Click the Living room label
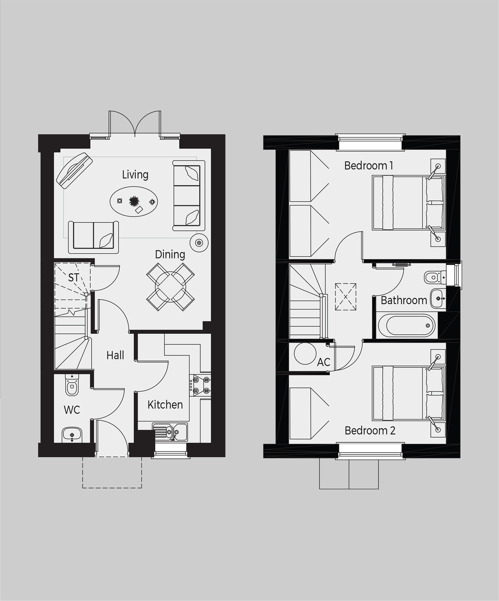click(135, 174)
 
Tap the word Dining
click(170, 254)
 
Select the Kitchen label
click(165, 405)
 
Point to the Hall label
click(115, 355)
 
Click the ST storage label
click(74, 278)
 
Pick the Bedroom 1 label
click(369, 166)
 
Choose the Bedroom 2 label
click(370, 431)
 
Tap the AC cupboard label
click(324, 362)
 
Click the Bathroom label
click(404, 300)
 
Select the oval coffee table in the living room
click(134, 201)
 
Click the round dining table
click(170, 287)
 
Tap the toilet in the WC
click(72, 385)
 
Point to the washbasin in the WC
click(72, 435)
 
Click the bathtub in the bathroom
click(407, 326)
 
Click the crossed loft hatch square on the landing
click(346, 297)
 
